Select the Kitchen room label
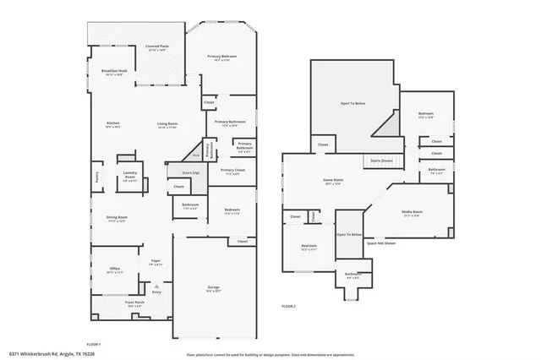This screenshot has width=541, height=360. coord(112,124)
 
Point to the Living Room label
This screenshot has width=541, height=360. coord(167,125)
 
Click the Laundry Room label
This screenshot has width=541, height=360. coord(129,178)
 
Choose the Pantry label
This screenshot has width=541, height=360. coord(98,178)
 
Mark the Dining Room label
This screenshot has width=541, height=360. coord(116,218)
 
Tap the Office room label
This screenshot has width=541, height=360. coord(114,270)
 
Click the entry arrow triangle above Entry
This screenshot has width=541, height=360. coord(156,286)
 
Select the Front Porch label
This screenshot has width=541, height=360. coord(135,303)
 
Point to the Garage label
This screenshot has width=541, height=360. coord(214,288)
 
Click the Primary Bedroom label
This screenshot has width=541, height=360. coord(221,57)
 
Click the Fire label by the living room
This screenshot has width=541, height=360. coord(196,155)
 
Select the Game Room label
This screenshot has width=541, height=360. coord(332,180)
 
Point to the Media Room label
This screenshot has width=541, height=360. coord(413,213)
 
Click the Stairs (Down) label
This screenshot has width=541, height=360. coord(382,160)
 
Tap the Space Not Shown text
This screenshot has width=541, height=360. coord(380,243)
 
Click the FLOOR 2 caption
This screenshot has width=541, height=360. coord(288,305)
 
